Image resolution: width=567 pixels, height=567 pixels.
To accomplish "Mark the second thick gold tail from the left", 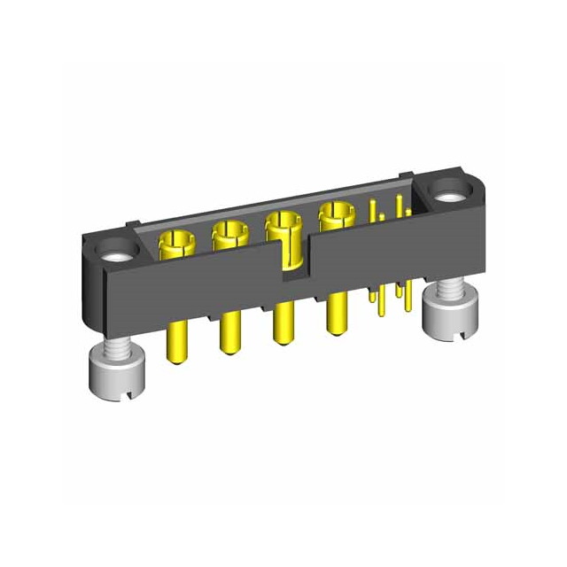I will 229,332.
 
